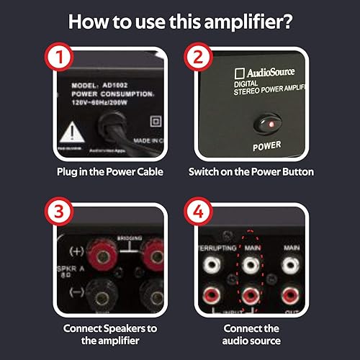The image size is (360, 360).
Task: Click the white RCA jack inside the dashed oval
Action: (x=251, y=265)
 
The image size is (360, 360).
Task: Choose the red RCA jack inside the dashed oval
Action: (x=251, y=294)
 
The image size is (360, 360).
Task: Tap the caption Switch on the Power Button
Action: (x=251, y=172)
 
